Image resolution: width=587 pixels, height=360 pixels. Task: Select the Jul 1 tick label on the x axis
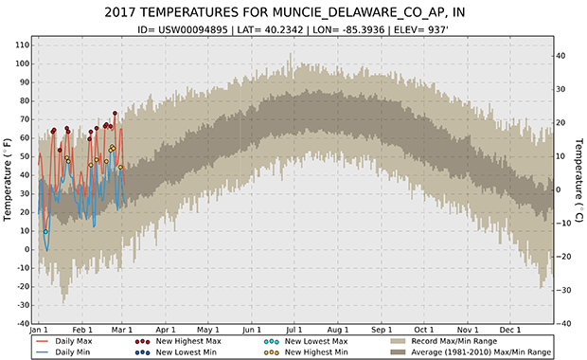coord(293,330)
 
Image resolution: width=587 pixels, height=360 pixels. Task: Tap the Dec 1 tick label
coord(510,330)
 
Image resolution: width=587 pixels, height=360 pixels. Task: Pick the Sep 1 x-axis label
coord(381,330)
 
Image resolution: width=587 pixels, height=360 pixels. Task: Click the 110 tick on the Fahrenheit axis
coord(19,45)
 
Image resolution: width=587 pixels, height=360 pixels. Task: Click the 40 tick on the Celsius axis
coord(560,56)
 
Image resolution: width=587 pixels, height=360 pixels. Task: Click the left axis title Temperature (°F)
coord(9,181)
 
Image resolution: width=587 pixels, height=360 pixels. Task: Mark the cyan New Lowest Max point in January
coord(45,231)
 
